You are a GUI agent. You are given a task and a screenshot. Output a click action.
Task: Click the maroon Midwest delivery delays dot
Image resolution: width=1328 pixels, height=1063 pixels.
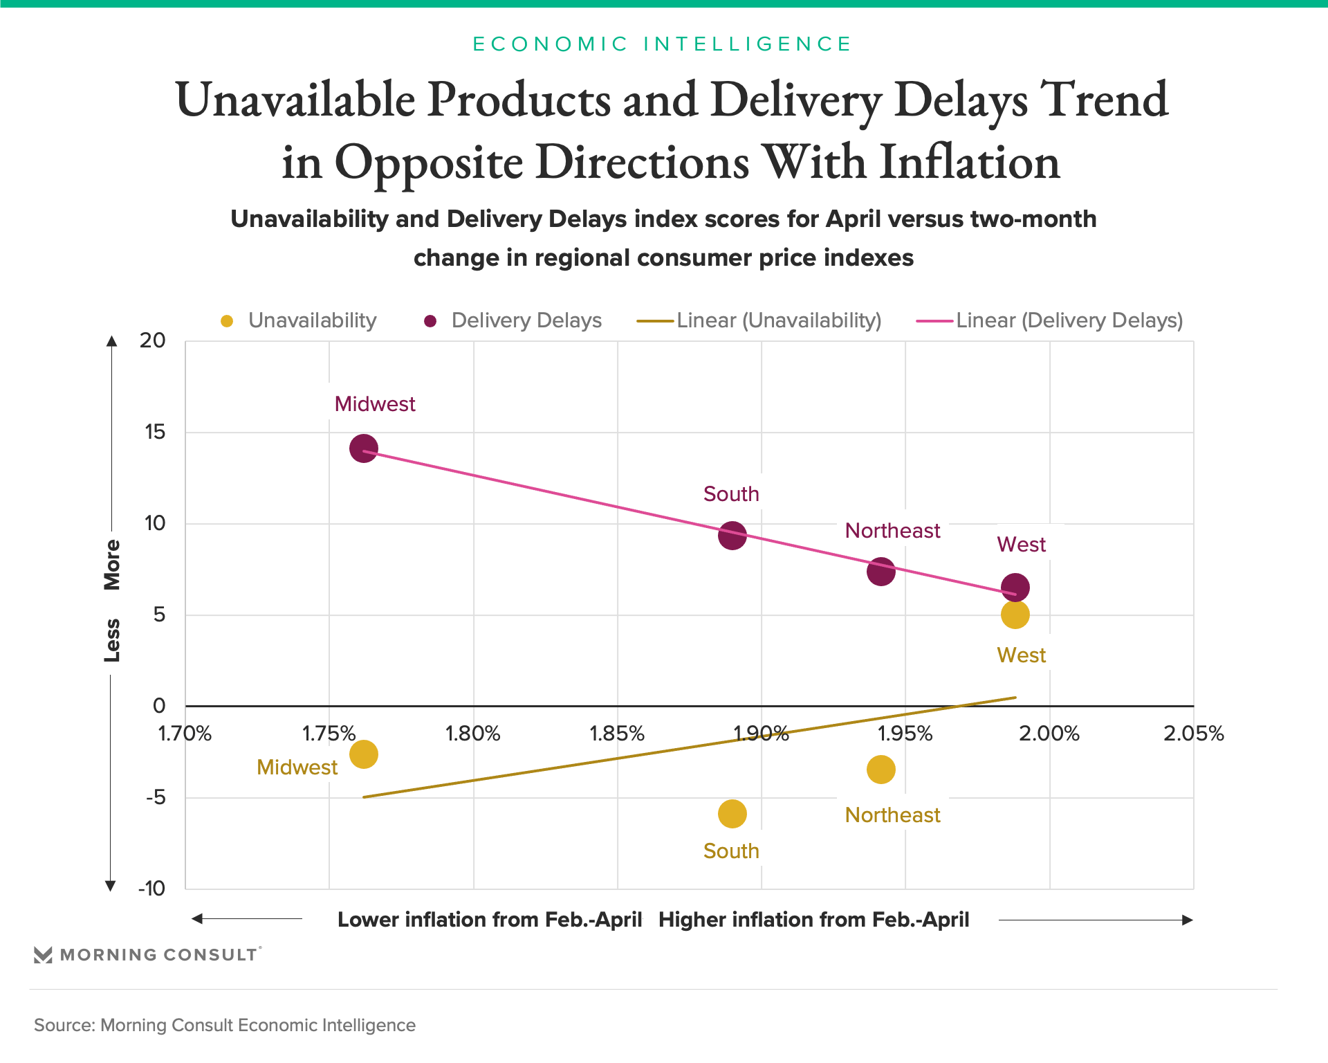coord(364,448)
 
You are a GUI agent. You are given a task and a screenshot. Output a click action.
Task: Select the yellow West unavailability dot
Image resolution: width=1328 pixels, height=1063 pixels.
coord(1015,615)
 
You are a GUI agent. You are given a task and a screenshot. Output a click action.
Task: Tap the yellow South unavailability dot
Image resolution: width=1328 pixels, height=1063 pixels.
coord(732,814)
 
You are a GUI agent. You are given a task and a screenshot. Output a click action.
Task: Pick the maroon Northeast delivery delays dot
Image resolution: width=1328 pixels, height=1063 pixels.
coord(880,572)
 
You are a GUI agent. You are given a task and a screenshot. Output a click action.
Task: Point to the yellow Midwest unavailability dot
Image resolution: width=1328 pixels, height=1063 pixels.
coord(364,754)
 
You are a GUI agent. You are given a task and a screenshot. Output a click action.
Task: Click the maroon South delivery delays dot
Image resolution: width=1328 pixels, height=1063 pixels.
coord(732,536)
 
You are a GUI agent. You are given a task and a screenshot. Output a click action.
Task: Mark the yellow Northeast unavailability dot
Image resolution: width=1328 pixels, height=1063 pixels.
coord(880,770)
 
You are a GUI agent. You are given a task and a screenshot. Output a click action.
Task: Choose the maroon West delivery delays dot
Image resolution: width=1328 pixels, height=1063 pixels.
coord(1015,588)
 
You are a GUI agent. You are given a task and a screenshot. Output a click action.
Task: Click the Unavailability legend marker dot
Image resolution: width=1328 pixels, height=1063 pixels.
coord(227,321)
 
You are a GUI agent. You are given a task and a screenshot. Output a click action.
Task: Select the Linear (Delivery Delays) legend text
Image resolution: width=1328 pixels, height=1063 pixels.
coord(1069,320)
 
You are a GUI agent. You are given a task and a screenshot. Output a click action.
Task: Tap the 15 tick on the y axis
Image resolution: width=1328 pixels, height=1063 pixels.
coord(155,433)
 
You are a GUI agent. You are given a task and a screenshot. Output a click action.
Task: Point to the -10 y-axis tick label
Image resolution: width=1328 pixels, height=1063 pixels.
coord(152,889)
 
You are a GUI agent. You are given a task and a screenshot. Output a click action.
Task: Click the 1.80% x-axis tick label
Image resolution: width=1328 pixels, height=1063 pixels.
coord(473,734)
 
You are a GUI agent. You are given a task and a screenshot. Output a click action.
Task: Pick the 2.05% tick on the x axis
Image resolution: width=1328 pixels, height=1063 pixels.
coord(1193,734)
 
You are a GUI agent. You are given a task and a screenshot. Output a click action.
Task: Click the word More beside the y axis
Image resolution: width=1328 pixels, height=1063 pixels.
coord(112,565)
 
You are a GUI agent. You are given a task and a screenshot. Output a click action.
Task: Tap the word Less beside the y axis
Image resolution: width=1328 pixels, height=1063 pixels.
coord(112,640)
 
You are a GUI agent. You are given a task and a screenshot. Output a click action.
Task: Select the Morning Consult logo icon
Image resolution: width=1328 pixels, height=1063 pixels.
coord(43,955)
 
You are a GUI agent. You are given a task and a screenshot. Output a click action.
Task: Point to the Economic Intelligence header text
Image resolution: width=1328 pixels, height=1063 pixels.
coord(662,44)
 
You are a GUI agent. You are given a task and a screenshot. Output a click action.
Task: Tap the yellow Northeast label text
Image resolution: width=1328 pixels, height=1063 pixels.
coord(892,815)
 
